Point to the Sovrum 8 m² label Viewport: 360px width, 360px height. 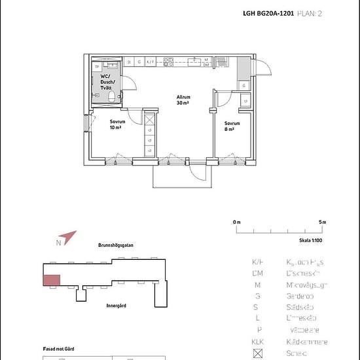coord(232,126)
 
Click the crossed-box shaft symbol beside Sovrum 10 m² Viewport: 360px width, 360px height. coord(149,120)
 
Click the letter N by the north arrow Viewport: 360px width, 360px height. coord(58,243)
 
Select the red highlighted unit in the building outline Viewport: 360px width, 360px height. coord(52,280)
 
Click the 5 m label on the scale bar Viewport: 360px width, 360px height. coord(322,223)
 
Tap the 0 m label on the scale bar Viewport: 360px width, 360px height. coord(237,223)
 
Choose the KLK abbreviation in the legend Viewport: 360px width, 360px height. coord(258,342)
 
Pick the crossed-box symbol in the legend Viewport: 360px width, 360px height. coord(258,354)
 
